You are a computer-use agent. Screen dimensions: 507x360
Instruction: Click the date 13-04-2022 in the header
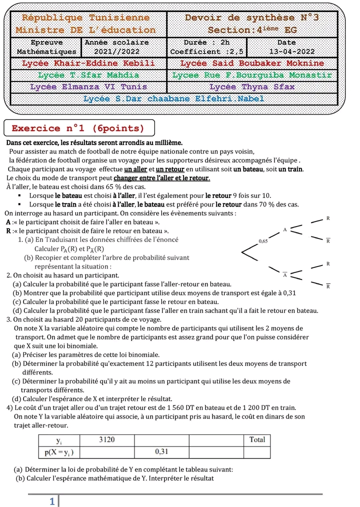[292, 51]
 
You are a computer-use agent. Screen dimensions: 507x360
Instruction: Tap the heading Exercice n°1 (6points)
[78, 128]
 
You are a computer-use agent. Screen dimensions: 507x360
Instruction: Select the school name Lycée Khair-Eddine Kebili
[88, 63]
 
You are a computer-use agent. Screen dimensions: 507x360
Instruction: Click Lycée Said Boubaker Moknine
[252, 63]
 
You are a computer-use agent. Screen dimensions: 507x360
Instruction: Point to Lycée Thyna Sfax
[252, 87]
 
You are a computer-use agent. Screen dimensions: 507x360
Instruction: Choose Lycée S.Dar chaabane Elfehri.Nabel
[173, 98]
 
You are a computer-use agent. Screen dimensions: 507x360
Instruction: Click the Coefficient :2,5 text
[207, 51]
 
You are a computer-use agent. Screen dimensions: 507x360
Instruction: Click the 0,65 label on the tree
[263, 241]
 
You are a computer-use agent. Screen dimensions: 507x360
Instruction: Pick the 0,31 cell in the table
[161, 451]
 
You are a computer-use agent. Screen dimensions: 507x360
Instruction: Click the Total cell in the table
[257, 439]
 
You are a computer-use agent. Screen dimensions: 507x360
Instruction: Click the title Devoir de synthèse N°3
[252, 18]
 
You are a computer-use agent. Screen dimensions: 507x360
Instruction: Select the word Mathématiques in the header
[47, 51]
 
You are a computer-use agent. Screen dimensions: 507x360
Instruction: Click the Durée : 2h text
[207, 42]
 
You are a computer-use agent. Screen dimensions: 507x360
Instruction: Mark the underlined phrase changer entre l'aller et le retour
[162, 178]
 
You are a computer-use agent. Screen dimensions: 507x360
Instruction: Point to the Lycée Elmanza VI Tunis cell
[88, 87]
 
